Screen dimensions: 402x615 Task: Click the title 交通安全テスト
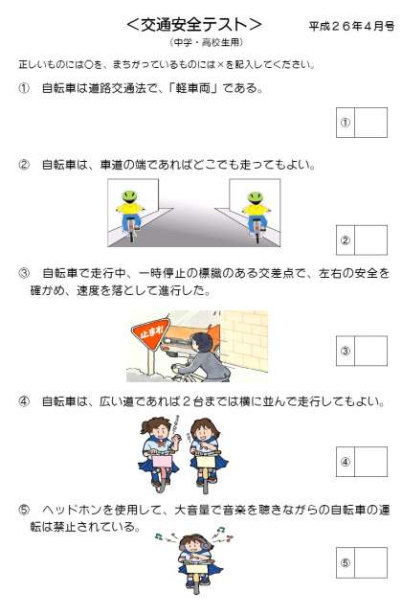194,24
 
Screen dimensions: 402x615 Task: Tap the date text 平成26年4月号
351,26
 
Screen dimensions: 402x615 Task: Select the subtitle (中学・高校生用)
207,42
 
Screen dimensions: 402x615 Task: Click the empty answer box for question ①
370,123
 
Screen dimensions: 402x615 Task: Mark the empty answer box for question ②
370,240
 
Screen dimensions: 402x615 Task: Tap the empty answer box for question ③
370,351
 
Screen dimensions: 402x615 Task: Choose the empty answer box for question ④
370,462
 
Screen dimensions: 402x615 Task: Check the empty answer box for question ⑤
370,563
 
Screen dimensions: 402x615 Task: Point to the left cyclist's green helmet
129,197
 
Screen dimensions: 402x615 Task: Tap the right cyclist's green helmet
256,198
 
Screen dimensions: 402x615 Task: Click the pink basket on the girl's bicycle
162,461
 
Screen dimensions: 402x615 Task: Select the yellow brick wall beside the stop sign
244,340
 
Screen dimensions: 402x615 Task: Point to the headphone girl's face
193,545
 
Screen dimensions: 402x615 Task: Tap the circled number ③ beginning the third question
24,273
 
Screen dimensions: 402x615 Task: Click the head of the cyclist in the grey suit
202,343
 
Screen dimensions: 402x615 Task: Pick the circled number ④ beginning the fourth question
24,401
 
